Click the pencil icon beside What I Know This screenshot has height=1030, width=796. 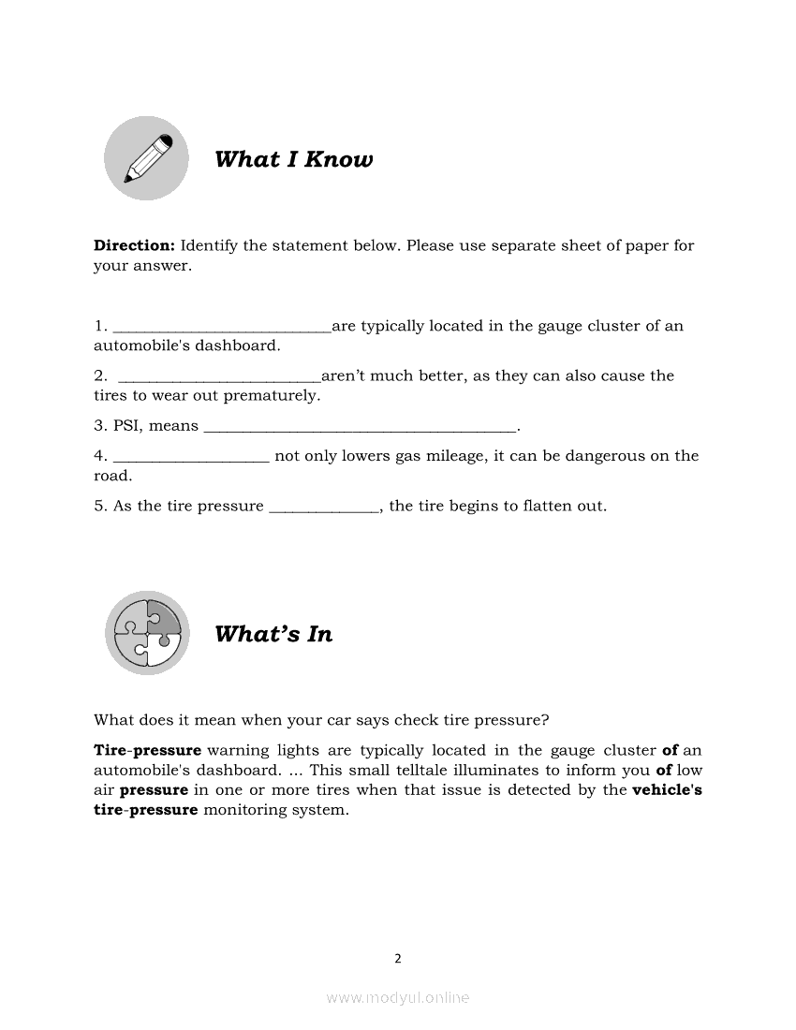tap(146, 158)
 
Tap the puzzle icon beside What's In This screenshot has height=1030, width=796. tap(146, 633)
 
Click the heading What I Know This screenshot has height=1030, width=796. tap(293, 159)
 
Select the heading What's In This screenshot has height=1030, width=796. tap(273, 634)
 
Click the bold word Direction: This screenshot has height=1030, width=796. tap(134, 245)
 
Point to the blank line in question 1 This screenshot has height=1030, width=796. tap(222, 328)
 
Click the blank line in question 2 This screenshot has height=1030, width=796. tap(220, 377)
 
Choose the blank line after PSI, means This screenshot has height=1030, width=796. tap(360, 428)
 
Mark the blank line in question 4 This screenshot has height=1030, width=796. tap(191, 458)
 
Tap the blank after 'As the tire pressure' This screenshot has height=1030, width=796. tap(324, 508)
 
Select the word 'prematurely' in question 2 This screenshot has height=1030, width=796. tap(277, 396)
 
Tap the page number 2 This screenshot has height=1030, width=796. tap(398, 958)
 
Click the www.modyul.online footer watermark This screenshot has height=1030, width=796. tap(398, 998)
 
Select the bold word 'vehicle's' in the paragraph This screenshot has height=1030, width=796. tap(667, 790)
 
